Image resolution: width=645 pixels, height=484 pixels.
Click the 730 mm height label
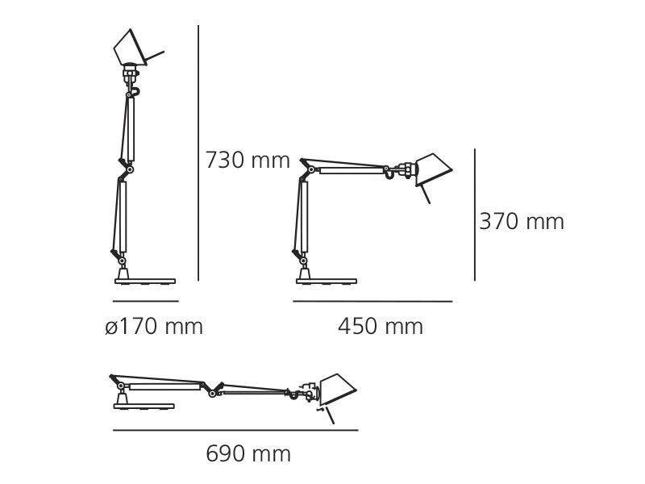[247, 161]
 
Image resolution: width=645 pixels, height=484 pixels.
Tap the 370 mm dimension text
[522, 222]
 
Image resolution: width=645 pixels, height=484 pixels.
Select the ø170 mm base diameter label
[153, 327]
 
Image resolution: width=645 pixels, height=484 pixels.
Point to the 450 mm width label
[380, 327]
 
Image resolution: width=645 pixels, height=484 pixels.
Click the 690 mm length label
[248, 454]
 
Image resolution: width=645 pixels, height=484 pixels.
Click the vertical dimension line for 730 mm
[198, 153]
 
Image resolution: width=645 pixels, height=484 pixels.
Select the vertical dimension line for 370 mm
[475, 214]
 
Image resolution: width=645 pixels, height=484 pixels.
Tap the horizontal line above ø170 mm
[145, 301]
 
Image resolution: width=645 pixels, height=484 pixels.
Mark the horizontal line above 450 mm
[372, 301]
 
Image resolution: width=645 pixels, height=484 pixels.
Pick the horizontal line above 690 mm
[235, 430]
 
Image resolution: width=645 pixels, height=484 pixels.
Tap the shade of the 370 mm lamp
[431, 167]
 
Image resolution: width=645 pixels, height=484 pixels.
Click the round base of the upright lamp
[145, 281]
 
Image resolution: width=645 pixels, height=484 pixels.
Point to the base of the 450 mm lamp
[326, 281]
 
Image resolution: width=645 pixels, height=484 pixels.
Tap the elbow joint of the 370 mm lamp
[306, 169]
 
